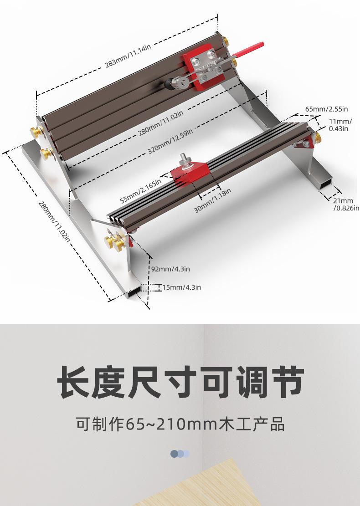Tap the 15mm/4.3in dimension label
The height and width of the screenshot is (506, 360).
pos(181,287)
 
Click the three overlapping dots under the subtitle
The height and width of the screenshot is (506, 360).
pos(180,454)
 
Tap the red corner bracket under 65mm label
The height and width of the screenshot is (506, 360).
pos(303,144)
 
